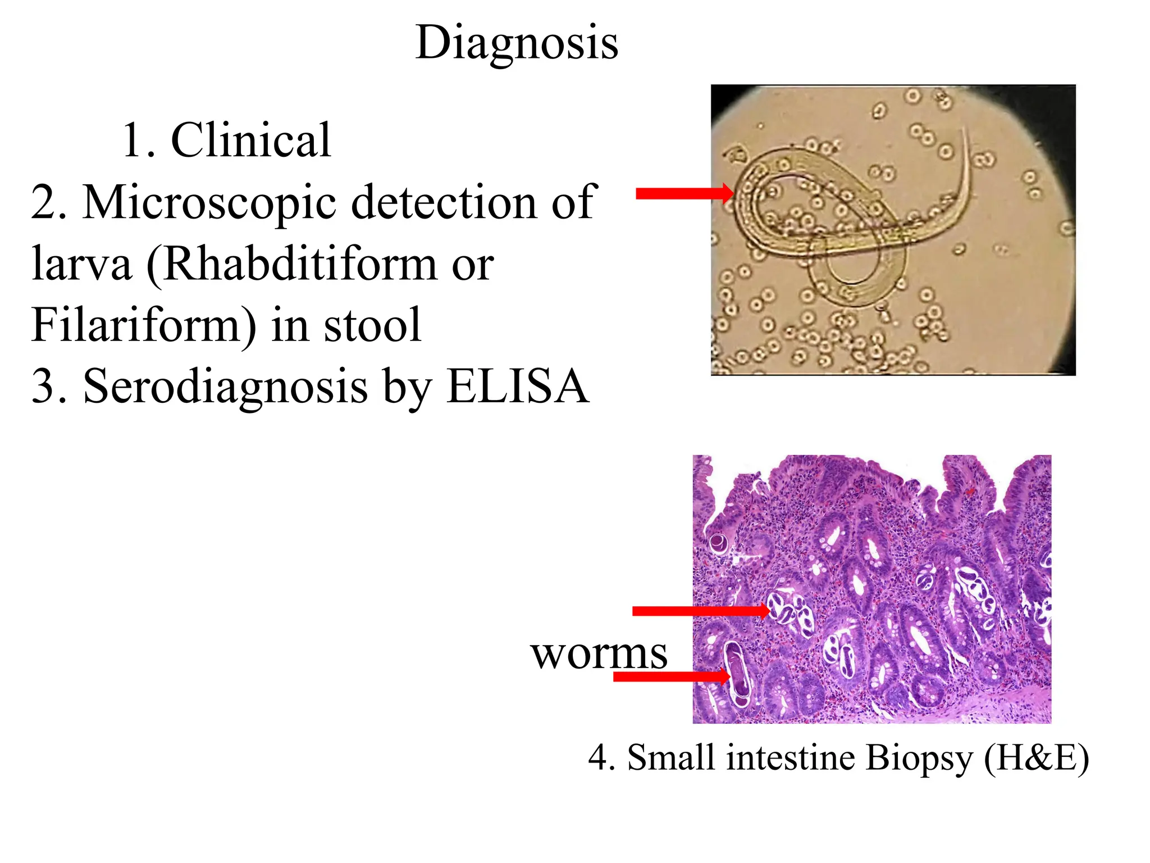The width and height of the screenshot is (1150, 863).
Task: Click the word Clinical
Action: (250, 140)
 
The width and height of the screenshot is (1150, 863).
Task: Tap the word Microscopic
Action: (209, 202)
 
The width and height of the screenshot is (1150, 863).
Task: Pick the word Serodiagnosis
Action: (225, 388)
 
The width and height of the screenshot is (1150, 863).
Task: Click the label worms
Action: (599, 654)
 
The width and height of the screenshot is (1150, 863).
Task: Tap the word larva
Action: (82, 264)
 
